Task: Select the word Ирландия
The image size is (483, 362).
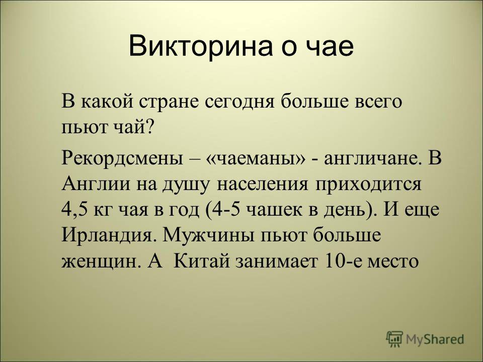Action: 107,236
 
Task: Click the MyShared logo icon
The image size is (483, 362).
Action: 394,339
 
